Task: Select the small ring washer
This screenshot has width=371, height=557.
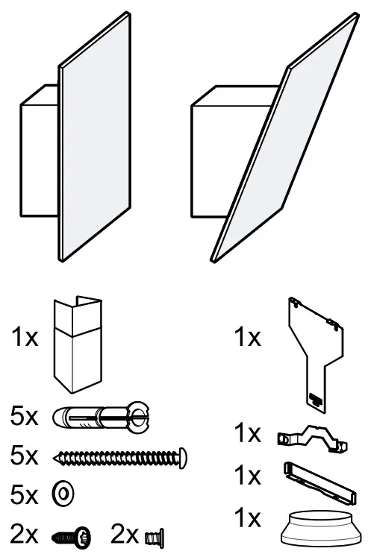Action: [63, 493]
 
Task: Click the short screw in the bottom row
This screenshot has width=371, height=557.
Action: [72, 535]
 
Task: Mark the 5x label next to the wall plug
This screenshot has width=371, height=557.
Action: [25, 415]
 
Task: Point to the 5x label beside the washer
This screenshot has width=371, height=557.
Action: [25, 493]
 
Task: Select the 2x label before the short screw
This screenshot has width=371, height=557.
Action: [25, 534]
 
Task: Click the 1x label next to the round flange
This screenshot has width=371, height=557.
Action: [249, 517]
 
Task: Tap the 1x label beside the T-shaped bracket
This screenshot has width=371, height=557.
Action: [249, 338]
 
